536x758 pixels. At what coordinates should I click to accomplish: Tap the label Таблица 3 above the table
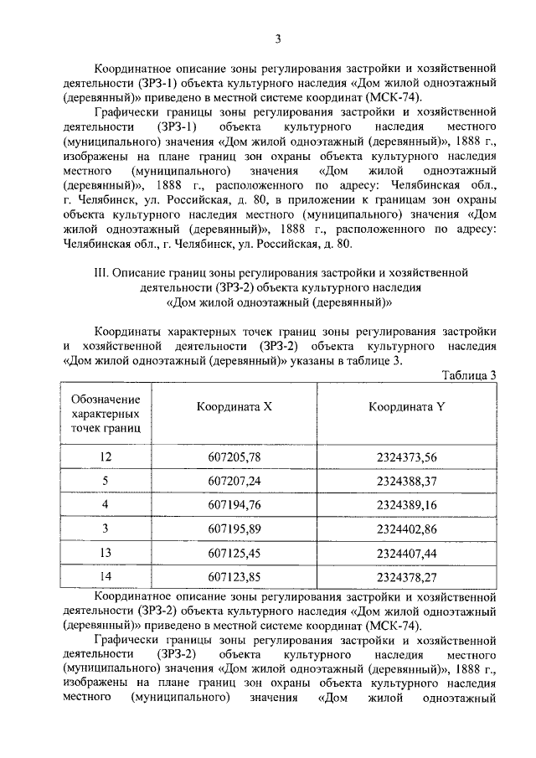coord(470,374)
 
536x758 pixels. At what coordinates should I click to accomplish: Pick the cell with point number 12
coord(106,456)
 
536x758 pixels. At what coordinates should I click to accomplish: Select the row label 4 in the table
coord(106,504)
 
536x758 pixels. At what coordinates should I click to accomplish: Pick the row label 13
coord(106,553)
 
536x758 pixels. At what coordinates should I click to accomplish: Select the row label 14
coord(106,577)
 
